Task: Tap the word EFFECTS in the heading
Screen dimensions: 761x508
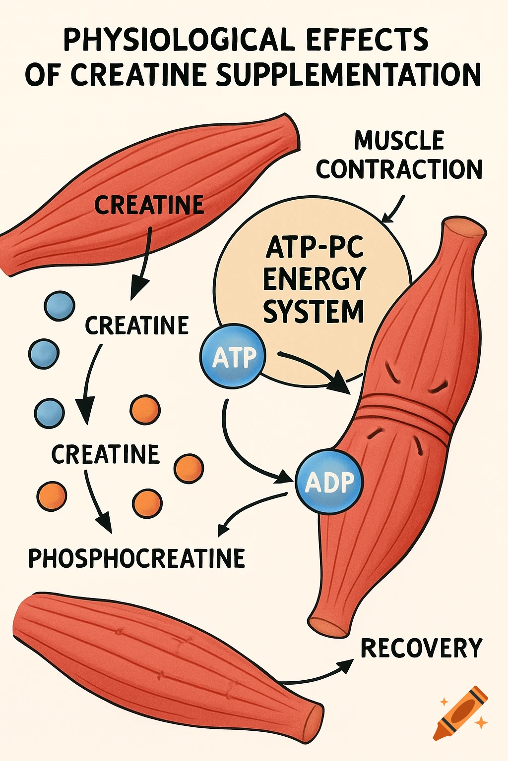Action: pos(368,40)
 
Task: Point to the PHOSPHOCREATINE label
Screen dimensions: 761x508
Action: pos(136,558)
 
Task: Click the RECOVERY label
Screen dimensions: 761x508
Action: pos(421,648)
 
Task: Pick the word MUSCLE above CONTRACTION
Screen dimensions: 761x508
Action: pos(399,141)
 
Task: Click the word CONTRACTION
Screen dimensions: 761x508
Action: pos(399,169)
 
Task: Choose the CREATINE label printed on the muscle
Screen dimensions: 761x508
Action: pos(149,205)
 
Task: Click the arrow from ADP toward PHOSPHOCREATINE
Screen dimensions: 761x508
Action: pos(248,510)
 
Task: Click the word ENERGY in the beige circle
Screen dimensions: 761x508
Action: pos(314,279)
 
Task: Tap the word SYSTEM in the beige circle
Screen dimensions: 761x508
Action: pos(314,312)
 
